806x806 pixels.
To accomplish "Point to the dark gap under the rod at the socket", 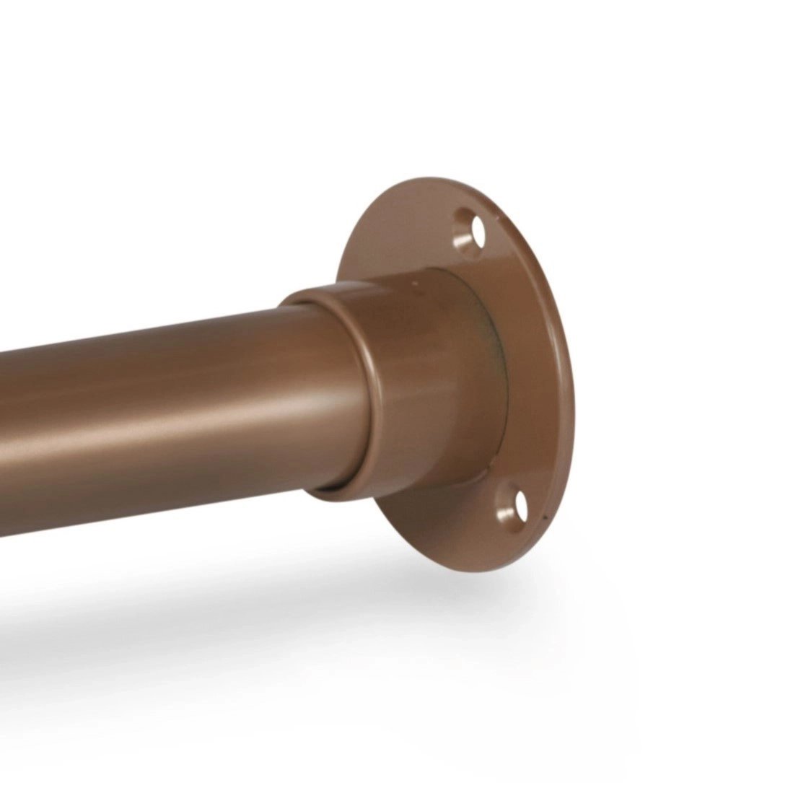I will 339,491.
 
